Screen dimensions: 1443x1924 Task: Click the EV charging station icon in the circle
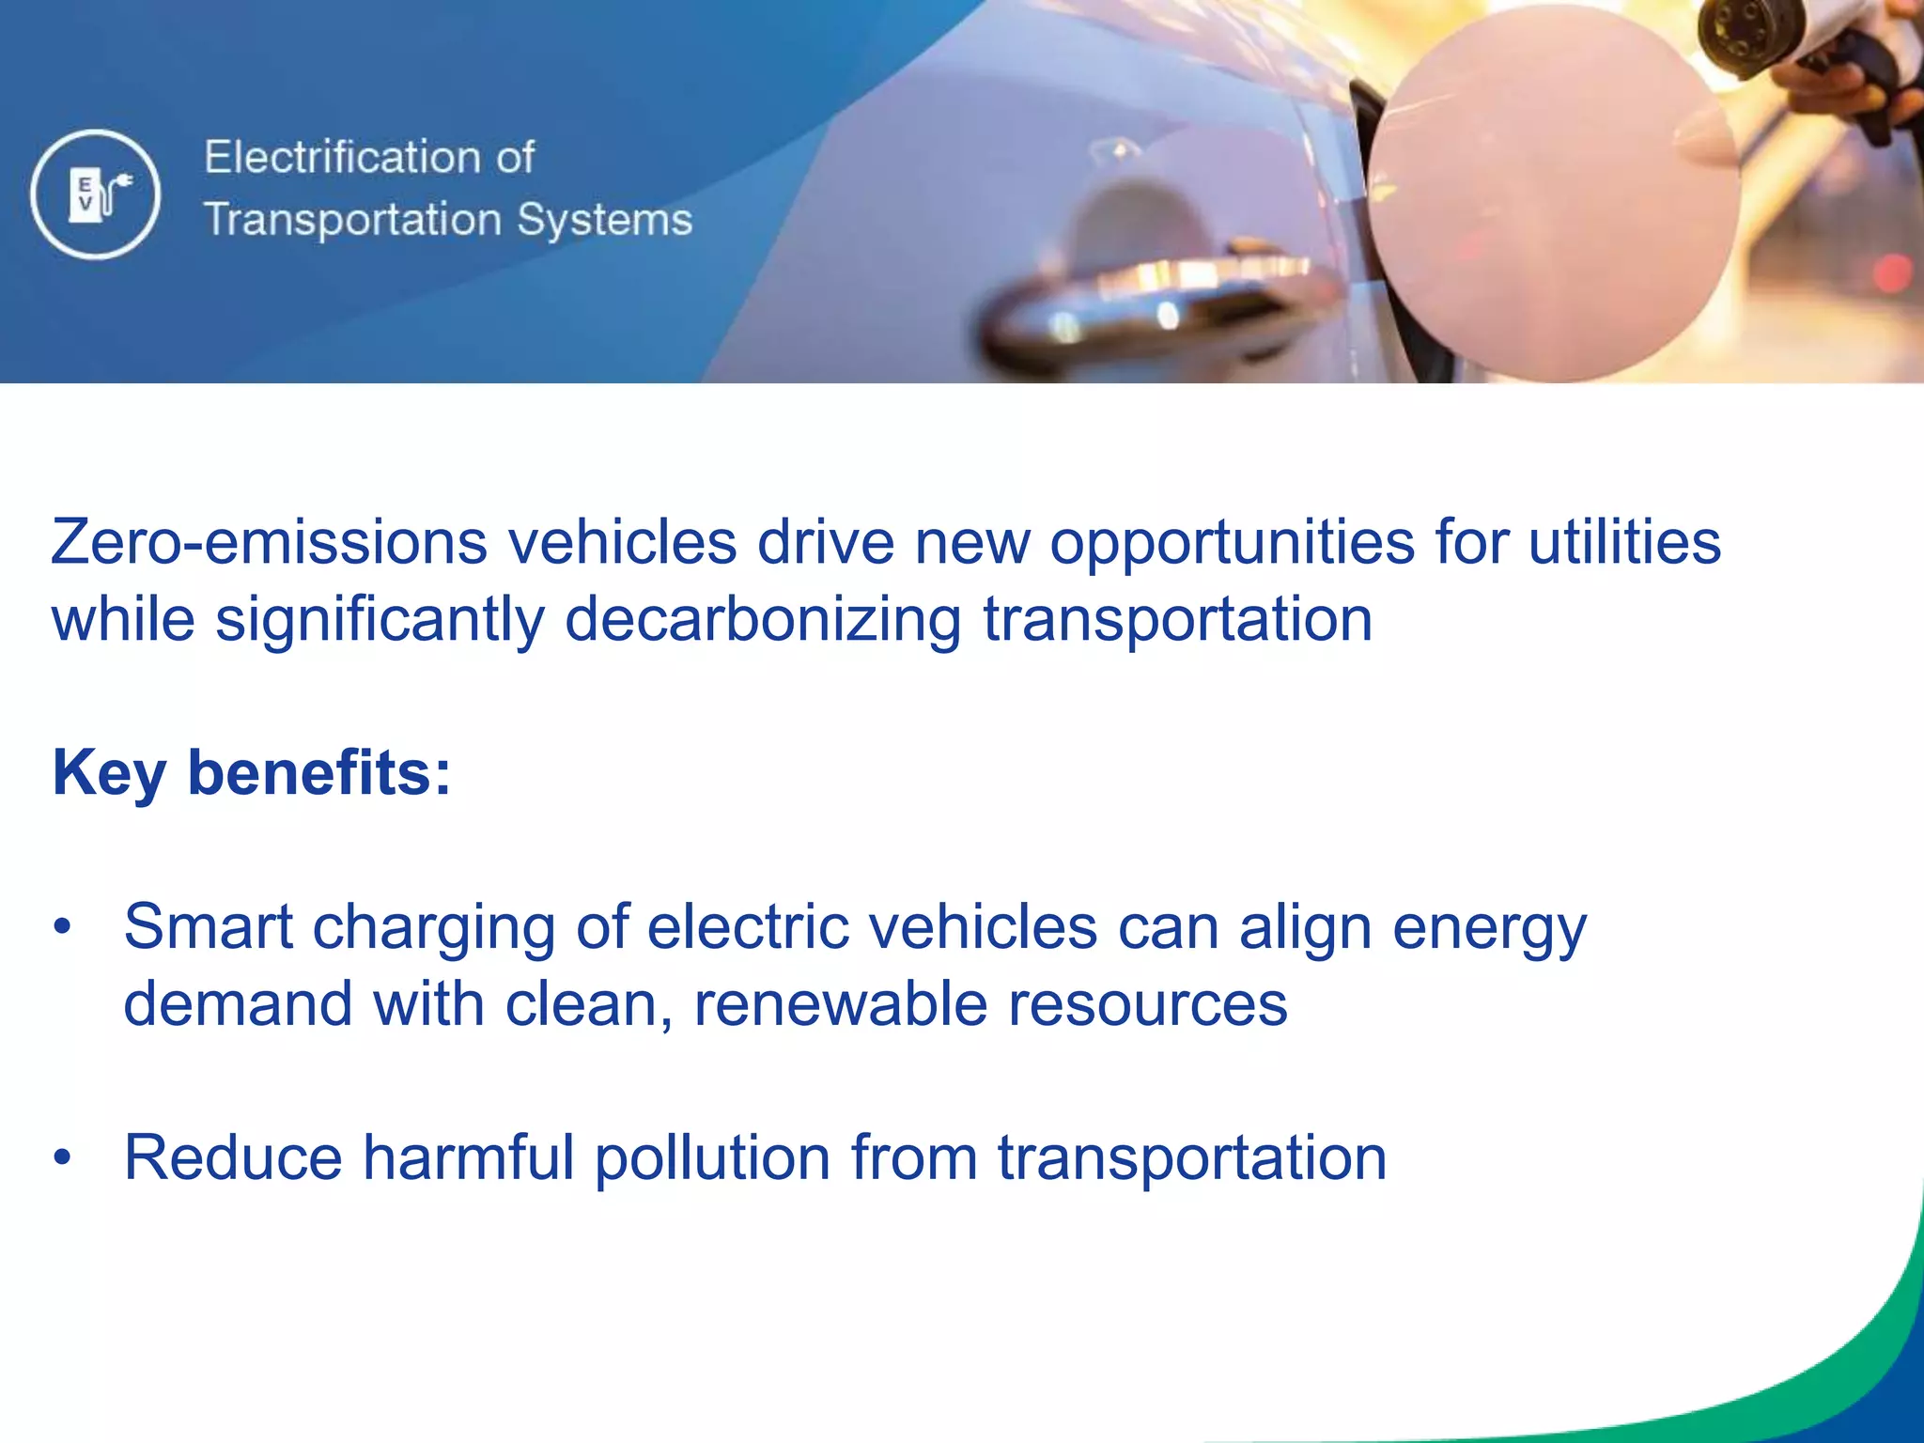pyautogui.click(x=95, y=194)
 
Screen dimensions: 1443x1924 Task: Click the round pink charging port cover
pyautogui.click(x=1550, y=193)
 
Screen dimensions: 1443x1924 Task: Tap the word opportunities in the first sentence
pyautogui.click(x=1232, y=543)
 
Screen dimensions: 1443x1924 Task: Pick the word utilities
pyautogui.click(x=1624, y=543)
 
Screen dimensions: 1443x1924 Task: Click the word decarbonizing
pyautogui.click(x=763, y=620)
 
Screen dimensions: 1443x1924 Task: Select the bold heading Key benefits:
pyautogui.click(x=252, y=773)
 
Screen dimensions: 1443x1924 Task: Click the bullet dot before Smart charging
pyautogui.click(x=63, y=927)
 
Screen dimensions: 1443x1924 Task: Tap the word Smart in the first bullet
pyautogui.click(x=208, y=927)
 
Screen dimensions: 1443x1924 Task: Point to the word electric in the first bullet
pyautogui.click(x=748, y=927)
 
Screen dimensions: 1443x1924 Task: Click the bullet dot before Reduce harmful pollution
pyautogui.click(x=63, y=1157)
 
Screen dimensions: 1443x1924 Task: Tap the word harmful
pyautogui.click(x=468, y=1157)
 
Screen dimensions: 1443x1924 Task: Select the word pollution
pyautogui.click(x=712, y=1157)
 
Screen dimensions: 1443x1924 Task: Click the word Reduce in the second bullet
pyautogui.click(x=233, y=1157)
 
